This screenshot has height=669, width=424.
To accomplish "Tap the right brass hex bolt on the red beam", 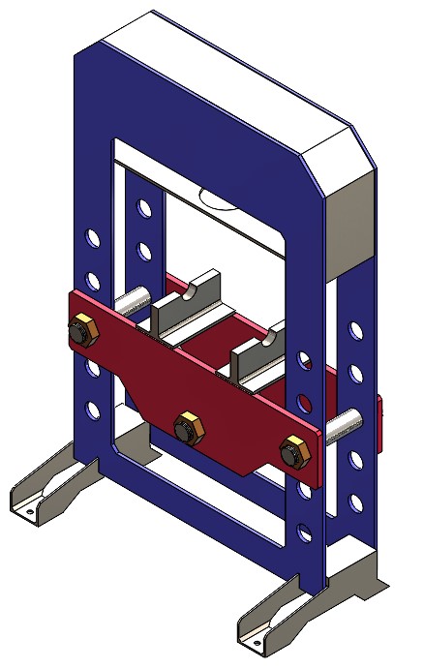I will coord(293,452).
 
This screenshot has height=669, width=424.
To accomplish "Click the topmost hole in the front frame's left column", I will coord(93,236).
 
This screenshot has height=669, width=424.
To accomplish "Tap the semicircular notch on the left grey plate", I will coord(202,289).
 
